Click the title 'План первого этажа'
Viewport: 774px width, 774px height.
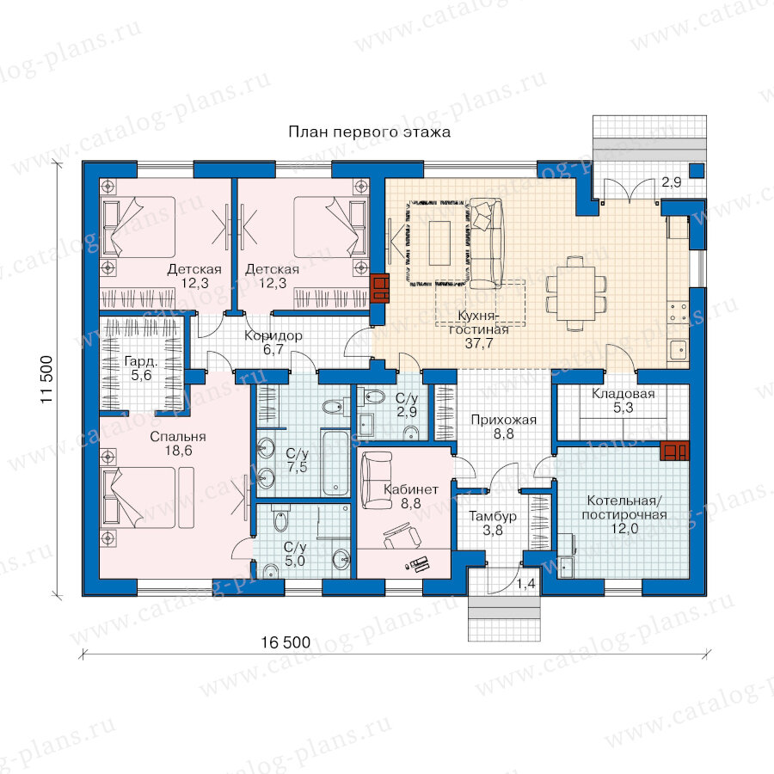(369, 132)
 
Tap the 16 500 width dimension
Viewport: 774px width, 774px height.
(286, 642)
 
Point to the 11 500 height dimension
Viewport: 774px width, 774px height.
(46, 379)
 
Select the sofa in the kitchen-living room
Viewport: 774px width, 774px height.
(485, 243)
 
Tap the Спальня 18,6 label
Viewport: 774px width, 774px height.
(178, 443)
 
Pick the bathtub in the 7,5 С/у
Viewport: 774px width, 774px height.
(335, 463)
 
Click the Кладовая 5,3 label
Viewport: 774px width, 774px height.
(623, 400)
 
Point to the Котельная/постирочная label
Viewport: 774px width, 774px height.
(624, 508)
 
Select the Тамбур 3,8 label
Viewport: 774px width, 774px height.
(493, 523)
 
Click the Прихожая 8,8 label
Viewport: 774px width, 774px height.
(503, 427)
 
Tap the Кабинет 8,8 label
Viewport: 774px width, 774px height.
(411, 496)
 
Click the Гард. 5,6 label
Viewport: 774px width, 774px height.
(141, 368)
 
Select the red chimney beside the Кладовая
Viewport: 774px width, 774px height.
(675, 450)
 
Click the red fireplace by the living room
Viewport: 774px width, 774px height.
(380, 288)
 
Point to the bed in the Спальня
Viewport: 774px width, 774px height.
(138, 498)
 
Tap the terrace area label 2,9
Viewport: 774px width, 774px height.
(672, 182)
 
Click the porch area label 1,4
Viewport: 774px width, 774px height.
(525, 584)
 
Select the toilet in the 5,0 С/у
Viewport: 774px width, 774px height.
(279, 519)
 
